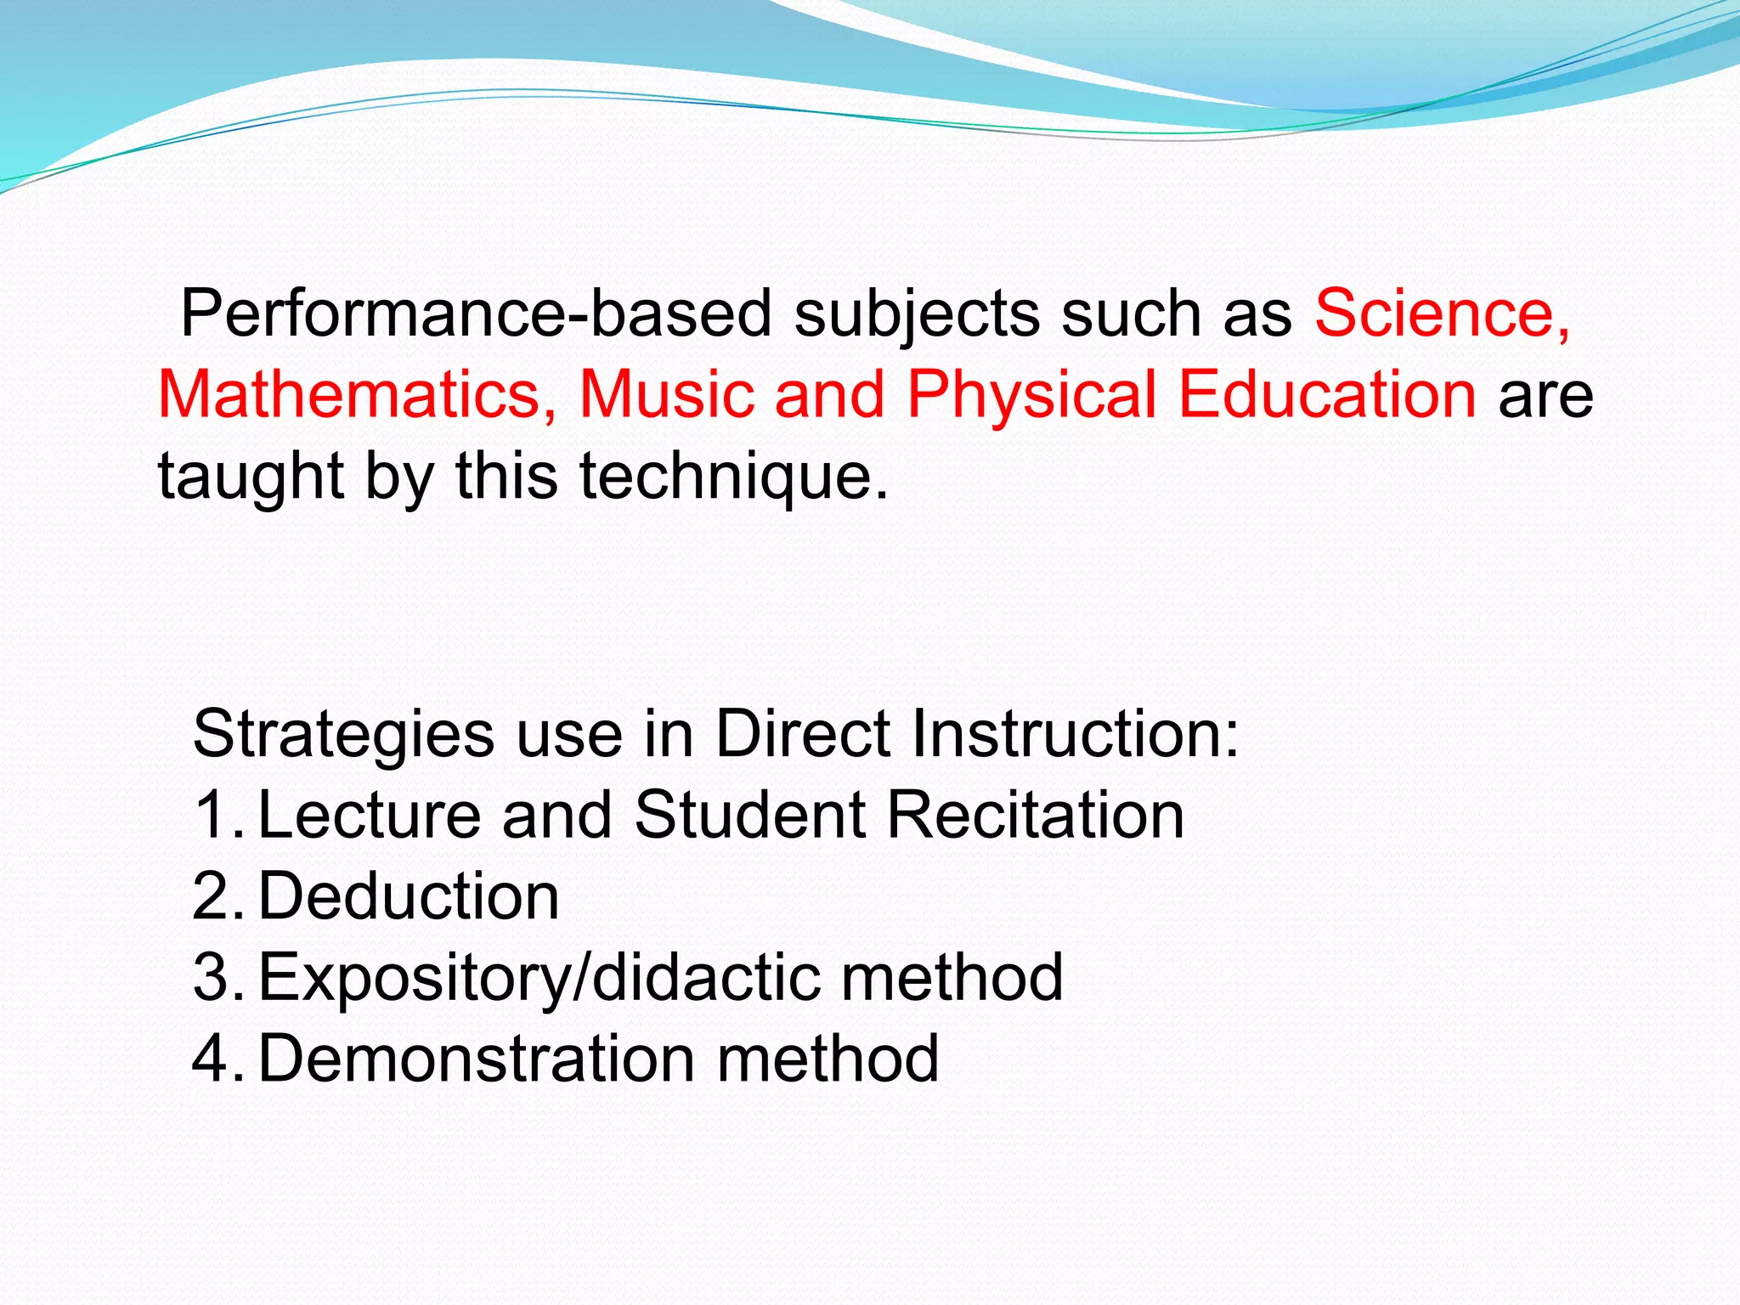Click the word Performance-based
point(476,314)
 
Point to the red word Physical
point(1031,397)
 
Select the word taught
point(251,477)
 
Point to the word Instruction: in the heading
point(1076,733)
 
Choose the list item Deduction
point(409,896)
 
